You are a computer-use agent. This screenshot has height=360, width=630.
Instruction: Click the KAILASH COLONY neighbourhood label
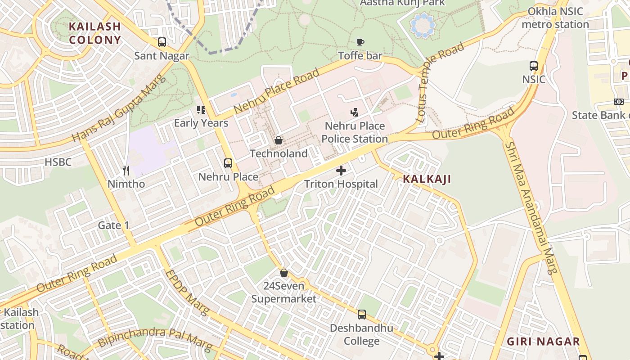(x=95, y=33)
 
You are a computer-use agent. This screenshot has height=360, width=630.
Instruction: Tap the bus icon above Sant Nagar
(x=162, y=42)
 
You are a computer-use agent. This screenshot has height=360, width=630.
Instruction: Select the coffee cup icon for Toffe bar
(x=360, y=42)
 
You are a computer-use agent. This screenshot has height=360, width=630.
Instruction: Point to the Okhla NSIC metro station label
(x=555, y=18)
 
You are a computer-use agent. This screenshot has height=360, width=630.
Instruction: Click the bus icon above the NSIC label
(x=534, y=66)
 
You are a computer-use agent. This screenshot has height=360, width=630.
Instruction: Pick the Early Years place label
(x=201, y=123)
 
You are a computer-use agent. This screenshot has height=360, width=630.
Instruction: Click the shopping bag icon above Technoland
(x=279, y=140)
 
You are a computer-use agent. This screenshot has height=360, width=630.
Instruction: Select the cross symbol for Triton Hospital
(x=341, y=171)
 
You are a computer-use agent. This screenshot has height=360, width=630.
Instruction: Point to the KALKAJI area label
(x=427, y=179)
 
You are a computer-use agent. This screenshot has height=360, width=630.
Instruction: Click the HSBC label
(x=58, y=162)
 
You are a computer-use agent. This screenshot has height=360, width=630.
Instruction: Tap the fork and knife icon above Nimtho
(x=126, y=171)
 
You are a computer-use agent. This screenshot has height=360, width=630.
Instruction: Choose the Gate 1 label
(x=114, y=225)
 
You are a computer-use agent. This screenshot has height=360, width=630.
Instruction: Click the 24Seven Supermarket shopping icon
(x=284, y=273)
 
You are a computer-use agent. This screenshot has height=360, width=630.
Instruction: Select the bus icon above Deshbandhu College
(x=362, y=315)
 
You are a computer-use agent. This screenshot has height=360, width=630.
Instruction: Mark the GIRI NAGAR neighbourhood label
(x=543, y=342)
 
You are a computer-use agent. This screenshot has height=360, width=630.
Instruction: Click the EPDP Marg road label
(x=187, y=292)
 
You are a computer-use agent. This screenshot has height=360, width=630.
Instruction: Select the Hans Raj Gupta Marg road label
(x=119, y=108)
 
